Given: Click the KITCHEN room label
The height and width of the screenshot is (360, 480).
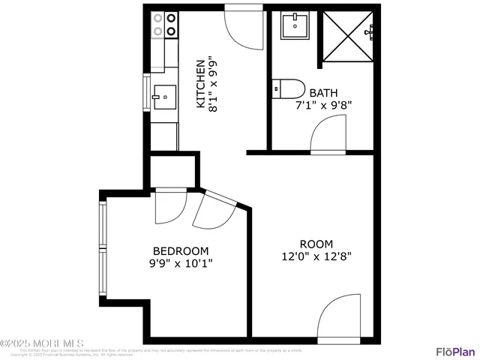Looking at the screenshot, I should pyautogui.click(x=200, y=83).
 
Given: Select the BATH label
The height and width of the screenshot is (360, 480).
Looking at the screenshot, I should pyautogui.click(x=323, y=93).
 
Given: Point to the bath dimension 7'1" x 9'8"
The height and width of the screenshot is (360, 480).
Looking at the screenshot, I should pyautogui.click(x=323, y=105).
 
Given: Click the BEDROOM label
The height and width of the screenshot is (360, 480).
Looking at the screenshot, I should pyautogui.click(x=181, y=250).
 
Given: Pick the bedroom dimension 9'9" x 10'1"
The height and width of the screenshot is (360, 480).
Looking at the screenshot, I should pyautogui.click(x=181, y=263).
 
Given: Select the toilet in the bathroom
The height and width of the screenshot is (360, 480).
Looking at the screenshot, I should pyautogui.click(x=288, y=88).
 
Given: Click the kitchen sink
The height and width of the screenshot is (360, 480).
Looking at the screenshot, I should pyautogui.click(x=164, y=97).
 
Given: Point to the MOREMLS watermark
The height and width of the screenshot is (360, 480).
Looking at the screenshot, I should pyautogui.click(x=43, y=343).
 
